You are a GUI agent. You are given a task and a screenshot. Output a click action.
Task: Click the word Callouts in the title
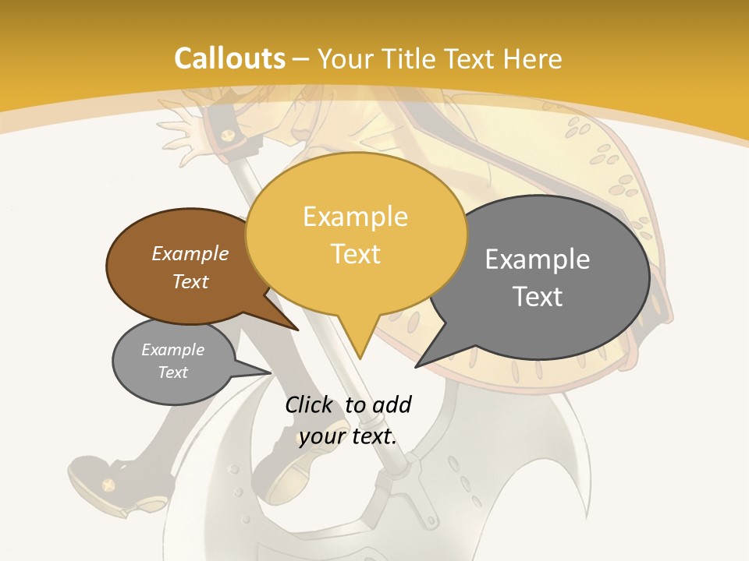coord(229,58)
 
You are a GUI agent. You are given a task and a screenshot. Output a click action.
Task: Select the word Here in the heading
coord(532,58)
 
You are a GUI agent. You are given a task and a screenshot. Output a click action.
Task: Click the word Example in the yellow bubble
coord(356,217)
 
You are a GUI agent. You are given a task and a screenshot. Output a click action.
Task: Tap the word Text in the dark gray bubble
coord(538,297)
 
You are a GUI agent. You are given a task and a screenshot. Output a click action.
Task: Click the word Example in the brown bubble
coord(190,253)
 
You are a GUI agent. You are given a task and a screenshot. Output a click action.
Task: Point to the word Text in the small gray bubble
coord(173,372)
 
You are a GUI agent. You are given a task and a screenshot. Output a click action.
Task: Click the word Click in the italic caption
coord(309,404)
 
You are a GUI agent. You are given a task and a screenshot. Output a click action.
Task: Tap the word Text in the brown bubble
coord(190,281)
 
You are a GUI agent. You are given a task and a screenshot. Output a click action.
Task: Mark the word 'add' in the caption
coord(392,404)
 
